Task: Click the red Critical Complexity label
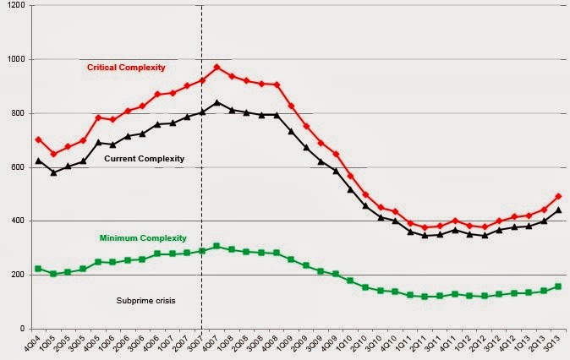click(126, 67)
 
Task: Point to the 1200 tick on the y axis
click(14, 5)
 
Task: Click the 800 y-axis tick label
click(16, 113)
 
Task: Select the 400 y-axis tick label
click(16, 221)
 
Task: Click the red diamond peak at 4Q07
click(216, 67)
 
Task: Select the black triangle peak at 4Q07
click(216, 102)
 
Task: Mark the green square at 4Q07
click(216, 246)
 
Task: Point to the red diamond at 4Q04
click(38, 139)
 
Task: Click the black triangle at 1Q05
click(53, 172)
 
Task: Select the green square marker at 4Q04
click(38, 269)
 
